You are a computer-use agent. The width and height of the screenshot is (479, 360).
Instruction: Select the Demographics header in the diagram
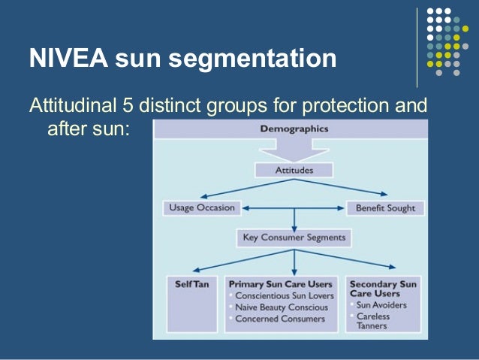(x=294, y=129)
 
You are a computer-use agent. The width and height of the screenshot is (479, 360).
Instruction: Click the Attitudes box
(x=294, y=170)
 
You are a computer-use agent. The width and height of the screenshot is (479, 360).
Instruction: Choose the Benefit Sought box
(x=385, y=207)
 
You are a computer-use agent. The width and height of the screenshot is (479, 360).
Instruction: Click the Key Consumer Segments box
(x=294, y=237)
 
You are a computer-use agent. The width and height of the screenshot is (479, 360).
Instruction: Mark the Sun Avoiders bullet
(x=382, y=305)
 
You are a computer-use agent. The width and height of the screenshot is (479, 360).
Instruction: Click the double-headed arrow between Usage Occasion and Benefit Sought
(x=294, y=207)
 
